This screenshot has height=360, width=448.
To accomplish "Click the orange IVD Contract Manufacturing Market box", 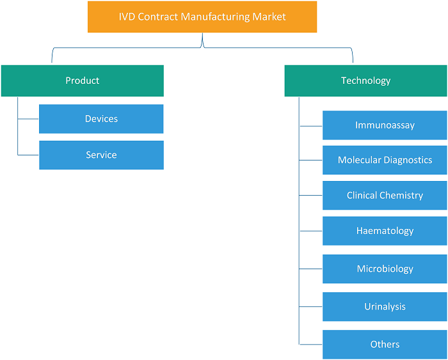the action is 202,17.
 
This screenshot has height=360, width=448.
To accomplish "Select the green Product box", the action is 83,81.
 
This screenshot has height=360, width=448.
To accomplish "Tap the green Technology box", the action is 365,81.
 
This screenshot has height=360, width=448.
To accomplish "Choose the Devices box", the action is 101,119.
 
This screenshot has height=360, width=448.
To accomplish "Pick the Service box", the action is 101,155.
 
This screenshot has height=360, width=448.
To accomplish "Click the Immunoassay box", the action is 385,125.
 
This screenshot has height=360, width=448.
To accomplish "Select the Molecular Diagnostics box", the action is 385,160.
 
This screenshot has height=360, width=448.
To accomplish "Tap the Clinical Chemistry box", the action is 385,195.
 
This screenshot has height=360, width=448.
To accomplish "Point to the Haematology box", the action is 385,231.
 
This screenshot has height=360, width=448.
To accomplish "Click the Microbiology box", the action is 385,269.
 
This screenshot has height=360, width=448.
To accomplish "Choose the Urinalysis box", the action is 385,307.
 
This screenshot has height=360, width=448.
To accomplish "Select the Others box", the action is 385,345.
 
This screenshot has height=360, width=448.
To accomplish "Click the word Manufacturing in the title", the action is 215,17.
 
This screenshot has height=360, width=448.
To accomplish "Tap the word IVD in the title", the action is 127,17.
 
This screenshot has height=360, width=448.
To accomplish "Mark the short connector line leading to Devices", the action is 28,119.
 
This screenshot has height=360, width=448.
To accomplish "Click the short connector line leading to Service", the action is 28,155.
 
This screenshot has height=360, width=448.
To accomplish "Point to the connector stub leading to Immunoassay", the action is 311,126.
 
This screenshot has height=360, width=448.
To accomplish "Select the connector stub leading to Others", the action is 311,344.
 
